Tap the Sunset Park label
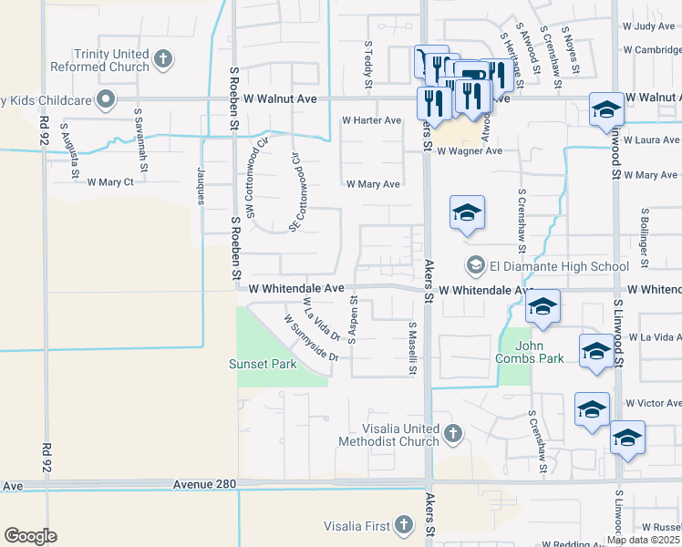[263, 365]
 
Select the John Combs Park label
[530, 353]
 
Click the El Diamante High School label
[559, 266]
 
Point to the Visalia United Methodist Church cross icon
[453, 431]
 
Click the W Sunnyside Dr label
[311, 338]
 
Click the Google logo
[30, 535]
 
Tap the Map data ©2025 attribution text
[643, 540]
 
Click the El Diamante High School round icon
[475, 266]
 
